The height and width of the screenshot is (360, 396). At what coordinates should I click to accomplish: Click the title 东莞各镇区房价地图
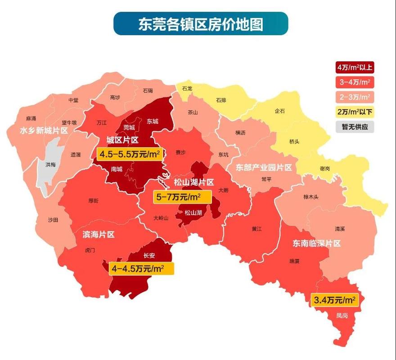(200, 23)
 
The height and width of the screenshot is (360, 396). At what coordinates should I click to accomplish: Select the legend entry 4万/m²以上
(355, 67)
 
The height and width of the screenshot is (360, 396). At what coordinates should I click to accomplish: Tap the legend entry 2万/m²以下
(355, 112)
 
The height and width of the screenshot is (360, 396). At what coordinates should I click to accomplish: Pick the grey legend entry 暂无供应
(355, 127)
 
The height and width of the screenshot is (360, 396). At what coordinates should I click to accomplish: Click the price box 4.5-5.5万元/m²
(130, 154)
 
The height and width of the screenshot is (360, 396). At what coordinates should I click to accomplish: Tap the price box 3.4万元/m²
(334, 299)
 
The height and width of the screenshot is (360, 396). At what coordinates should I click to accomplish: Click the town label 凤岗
(342, 315)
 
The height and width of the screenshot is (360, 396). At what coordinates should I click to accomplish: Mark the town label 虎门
(90, 250)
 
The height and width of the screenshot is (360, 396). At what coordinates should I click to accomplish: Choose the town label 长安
(149, 256)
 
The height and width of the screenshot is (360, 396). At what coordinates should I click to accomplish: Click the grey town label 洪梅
(51, 165)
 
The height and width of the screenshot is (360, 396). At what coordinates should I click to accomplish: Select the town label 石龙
(187, 89)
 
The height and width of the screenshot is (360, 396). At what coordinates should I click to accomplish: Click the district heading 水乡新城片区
(37, 130)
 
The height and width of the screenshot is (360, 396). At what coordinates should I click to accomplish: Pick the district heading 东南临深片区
(317, 243)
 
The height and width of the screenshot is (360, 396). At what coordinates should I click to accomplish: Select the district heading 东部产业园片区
(264, 167)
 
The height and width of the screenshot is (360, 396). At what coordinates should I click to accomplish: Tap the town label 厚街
(94, 201)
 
